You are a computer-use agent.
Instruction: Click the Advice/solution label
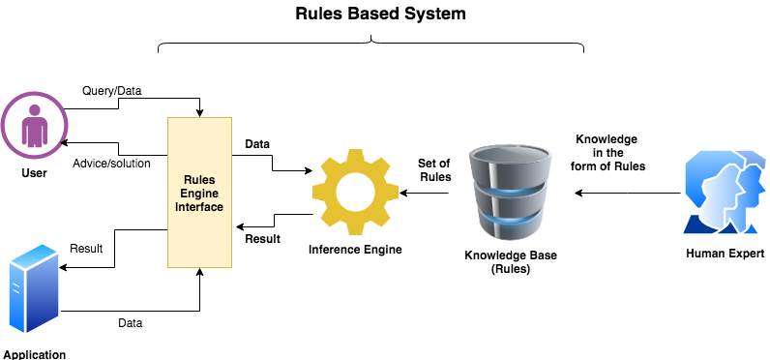(111, 163)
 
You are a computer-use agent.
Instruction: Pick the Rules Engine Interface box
(200, 193)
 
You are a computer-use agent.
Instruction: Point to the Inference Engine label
(355, 250)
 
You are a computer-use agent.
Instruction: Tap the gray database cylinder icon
(511, 191)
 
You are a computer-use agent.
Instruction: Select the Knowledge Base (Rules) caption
(511, 262)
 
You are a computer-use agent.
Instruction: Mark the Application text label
(35, 354)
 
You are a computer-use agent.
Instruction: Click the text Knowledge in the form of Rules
(607, 152)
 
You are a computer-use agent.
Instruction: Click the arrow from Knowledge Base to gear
(426, 193)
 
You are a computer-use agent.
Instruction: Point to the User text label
(34, 172)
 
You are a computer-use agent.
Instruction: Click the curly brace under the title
(371, 44)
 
